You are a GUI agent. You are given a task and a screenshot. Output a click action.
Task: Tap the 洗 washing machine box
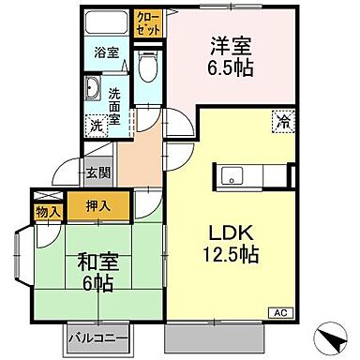97,125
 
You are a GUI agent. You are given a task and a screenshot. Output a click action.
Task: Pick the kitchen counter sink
232,174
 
